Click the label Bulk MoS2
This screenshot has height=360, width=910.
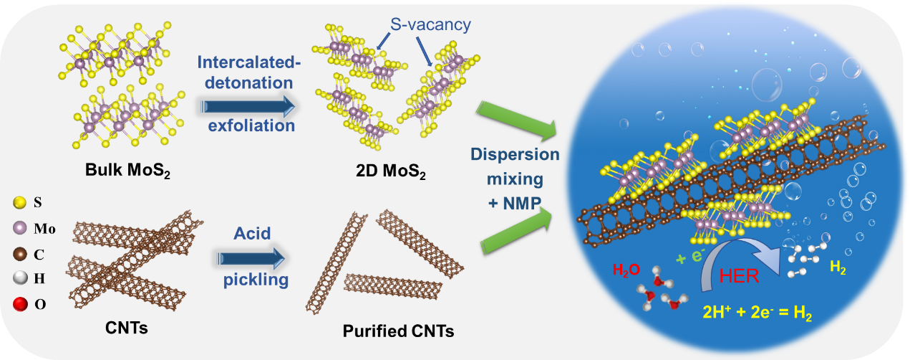(x=127, y=171)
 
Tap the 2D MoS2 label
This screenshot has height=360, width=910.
(x=391, y=171)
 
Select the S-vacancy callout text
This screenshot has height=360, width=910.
(x=430, y=24)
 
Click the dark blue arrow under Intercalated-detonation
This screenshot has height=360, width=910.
(x=248, y=107)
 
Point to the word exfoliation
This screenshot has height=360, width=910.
(x=251, y=125)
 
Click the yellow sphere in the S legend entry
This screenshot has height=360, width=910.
(x=19, y=202)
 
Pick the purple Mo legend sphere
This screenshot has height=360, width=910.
(x=19, y=228)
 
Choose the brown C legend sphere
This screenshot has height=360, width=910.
(x=19, y=255)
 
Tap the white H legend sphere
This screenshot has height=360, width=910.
(x=19, y=278)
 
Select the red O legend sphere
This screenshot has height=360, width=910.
(x=20, y=304)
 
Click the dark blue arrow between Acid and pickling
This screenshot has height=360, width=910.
(x=251, y=259)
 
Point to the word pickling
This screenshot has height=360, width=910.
(x=256, y=280)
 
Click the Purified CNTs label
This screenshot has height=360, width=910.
(x=398, y=331)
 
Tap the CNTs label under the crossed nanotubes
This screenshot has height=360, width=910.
(x=126, y=328)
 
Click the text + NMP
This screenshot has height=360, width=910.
(x=515, y=203)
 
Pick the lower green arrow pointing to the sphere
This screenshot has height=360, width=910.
(x=517, y=232)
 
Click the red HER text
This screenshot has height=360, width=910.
(x=739, y=277)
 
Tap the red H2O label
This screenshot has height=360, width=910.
(x=626, y=270)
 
